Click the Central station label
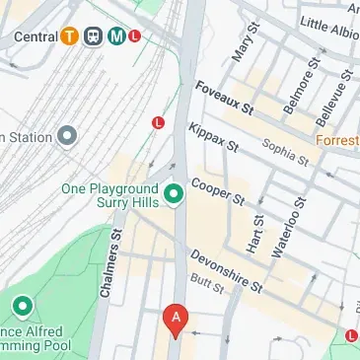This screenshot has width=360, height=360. click(x=35, y=36)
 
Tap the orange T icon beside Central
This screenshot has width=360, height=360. click(x=69, y=36)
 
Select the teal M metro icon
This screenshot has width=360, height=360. click(x=116, y=36)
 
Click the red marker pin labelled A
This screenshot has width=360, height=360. click(x=176, y=320)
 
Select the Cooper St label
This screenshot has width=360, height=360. click(x=218, y=190)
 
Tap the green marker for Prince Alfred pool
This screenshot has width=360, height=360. click(x=22, y=308)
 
